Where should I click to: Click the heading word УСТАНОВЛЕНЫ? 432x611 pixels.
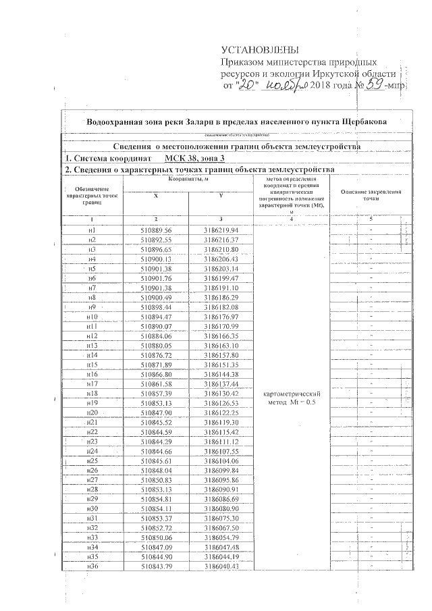click(259, 51)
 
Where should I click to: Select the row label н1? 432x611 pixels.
click(92, 230)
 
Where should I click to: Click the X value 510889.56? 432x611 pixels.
click(157, 230)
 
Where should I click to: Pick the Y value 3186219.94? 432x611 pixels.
click(221, 230)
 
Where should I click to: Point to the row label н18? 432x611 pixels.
click(92, 393)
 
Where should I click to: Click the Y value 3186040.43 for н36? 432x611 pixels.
click(221, 565)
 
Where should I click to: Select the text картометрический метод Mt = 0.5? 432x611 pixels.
click(291, 398)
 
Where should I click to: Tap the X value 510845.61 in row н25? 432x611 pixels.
click(157, 460)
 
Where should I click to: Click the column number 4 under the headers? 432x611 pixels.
click(291, 219)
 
